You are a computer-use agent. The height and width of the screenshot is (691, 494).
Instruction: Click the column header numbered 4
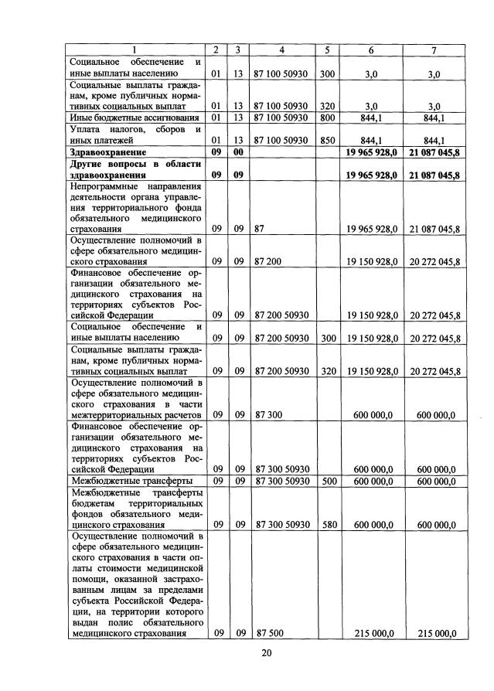coord(281,50)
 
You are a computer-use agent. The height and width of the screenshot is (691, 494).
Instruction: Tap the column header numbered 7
coord(433,50)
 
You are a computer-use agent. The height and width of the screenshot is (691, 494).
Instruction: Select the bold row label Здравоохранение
coord(104,153)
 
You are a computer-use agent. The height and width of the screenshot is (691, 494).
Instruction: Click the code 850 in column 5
coord(327,141)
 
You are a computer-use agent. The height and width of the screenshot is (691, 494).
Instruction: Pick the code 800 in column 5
coord(327,117)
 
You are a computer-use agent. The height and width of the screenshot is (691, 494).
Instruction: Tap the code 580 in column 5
coord(327,525)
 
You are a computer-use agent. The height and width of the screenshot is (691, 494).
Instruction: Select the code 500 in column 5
coord(327,481)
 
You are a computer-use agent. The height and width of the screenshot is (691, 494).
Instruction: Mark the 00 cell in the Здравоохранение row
coord(240,153)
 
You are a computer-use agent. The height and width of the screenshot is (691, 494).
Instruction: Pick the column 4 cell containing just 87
coord(260,229)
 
